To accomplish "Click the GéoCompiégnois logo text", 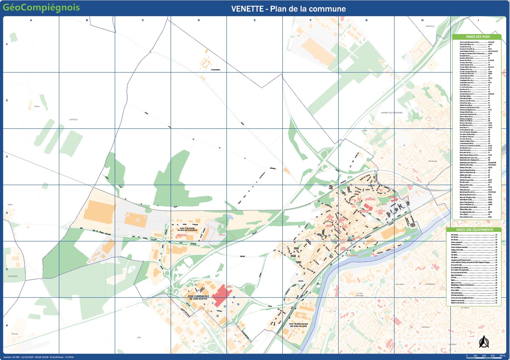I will [41, 8].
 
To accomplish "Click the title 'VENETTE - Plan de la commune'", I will [288, 9].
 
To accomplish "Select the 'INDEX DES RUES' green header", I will [478, 37].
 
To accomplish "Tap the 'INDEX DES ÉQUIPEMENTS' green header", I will [474, 229].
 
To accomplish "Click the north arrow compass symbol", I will [484, 342].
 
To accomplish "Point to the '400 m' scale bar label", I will [502, 356].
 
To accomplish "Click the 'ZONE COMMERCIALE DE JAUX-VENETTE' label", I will [198, 297].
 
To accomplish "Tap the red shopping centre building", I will [220, 295].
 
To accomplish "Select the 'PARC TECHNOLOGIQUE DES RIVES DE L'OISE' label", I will [298, 325].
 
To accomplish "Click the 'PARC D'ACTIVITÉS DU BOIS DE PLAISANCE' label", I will [187, 229].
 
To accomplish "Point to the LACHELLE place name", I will [73, 119].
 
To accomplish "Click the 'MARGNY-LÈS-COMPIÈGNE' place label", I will [391, 113].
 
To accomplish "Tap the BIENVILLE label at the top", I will [430, 26].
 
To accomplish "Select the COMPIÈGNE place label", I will [430, 284].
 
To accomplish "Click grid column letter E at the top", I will [254, 20].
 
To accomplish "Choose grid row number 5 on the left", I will [7, 269].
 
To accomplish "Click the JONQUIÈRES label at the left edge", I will [13, 276].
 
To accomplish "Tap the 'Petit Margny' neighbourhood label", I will [433, 161].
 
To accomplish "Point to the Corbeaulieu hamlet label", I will [216, 70].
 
